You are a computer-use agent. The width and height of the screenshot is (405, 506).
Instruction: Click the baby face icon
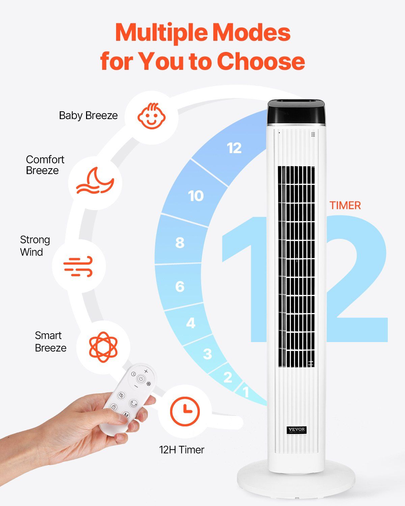click(x=152, y=116)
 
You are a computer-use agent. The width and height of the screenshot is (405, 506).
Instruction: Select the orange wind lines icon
click(x=78, y=266)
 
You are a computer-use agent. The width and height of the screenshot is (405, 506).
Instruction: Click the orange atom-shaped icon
click(x=103, y=347)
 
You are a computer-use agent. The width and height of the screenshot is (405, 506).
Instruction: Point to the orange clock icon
click(x=185, y=412)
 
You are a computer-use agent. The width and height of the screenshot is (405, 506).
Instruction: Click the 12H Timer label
click(x=182, y=450)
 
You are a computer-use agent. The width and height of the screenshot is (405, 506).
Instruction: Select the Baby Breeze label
click(x=88, y=115)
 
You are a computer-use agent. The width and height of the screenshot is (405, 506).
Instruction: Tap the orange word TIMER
click(x=345, y=205)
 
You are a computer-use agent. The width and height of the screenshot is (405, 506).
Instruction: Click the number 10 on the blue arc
click(x=196, y=196)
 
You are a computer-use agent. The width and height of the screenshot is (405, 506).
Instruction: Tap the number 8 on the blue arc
click(x=180, y=243)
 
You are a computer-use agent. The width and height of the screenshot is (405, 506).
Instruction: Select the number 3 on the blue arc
click(x=207, y=354)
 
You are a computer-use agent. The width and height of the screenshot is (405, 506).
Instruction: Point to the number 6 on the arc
click(x=180, y=287)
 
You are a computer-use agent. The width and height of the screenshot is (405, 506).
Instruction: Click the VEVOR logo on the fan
click(x=297, y=429)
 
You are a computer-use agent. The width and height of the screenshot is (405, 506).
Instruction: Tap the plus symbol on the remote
click(x=146, y=371)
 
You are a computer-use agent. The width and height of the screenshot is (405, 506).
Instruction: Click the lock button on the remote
click(x=114, y=407)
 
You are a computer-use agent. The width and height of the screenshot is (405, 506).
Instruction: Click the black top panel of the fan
click(x=297, y=112)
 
